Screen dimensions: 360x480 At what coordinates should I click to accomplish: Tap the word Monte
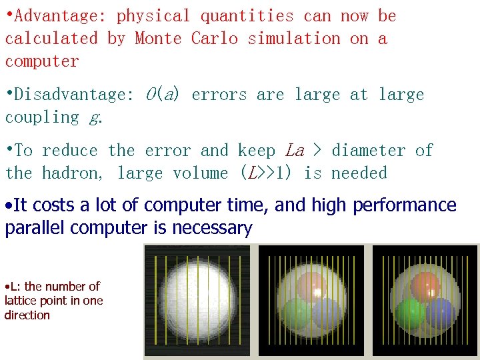point(158,39)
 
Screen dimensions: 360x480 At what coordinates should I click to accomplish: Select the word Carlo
point(214,39)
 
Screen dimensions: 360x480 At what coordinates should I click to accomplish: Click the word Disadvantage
point(73,95)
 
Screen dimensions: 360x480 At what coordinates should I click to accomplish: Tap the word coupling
point(42,117)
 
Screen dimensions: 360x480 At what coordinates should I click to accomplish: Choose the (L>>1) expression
point(267,173)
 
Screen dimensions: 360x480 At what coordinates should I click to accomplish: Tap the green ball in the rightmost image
point(411,312)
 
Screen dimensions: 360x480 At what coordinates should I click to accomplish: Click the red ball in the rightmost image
point(425,286)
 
